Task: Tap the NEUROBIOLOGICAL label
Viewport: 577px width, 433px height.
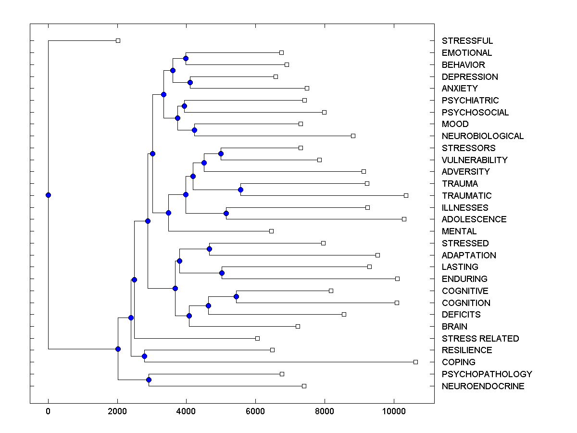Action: pyautogui.click(x=482, y=136)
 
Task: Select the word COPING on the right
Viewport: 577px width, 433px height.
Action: pyautogui.click(x=458, y=362)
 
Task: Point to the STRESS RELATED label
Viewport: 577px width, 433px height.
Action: pyautogui.click(x=480, y=339)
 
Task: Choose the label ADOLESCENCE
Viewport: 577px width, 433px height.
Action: pyautogui.click(x=474, y=219)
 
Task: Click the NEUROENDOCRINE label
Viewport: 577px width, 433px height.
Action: pyautogui.click(x=483, y=386)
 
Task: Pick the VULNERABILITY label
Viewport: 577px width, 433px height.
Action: pyautogui.click(x=474, y=160)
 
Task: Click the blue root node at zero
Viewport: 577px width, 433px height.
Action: pyautogui.click(x=48, y=195)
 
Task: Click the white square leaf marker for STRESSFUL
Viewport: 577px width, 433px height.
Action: pyautogui.click(x=118, y=41)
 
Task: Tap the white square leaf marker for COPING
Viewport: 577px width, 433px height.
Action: pyautogui.click(x=415, y=362)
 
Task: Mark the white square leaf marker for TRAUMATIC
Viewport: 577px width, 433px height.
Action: pyautogui.click(x=406, y=195)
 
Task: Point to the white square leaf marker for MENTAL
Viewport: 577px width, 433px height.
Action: pyautogui.click(x=271, y=231)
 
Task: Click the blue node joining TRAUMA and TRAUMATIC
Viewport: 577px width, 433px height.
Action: pyautogui.click(x=240, y=190)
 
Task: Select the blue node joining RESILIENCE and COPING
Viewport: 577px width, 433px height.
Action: pyautogui.click(x=144, y=357)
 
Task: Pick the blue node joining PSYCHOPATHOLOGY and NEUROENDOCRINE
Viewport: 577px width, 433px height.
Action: pyautogui.click(x=149, y=381)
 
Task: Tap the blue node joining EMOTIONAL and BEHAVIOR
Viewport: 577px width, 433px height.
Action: pyautogui.click(x=186, y=59)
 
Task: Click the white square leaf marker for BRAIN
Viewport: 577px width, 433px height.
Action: pyautogui.click(x=298, y=326)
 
